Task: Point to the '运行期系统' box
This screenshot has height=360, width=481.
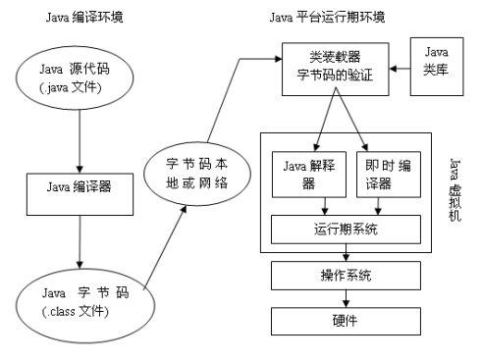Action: point(346,229)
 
